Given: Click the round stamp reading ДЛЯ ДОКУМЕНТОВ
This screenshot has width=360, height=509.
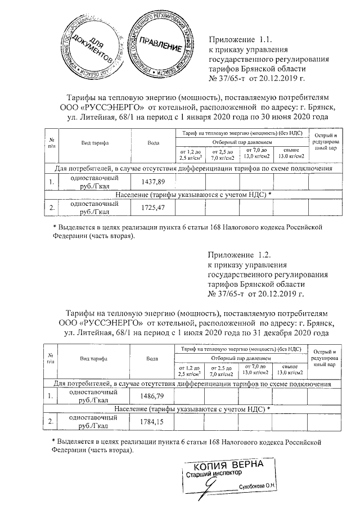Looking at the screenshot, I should click(89, 44).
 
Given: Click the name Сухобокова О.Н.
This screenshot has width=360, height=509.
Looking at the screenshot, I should click(257, 487).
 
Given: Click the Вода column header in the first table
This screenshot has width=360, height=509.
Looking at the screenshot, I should click(152, 143).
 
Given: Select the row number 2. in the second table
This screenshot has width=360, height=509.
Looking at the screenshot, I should click(51, 422).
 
